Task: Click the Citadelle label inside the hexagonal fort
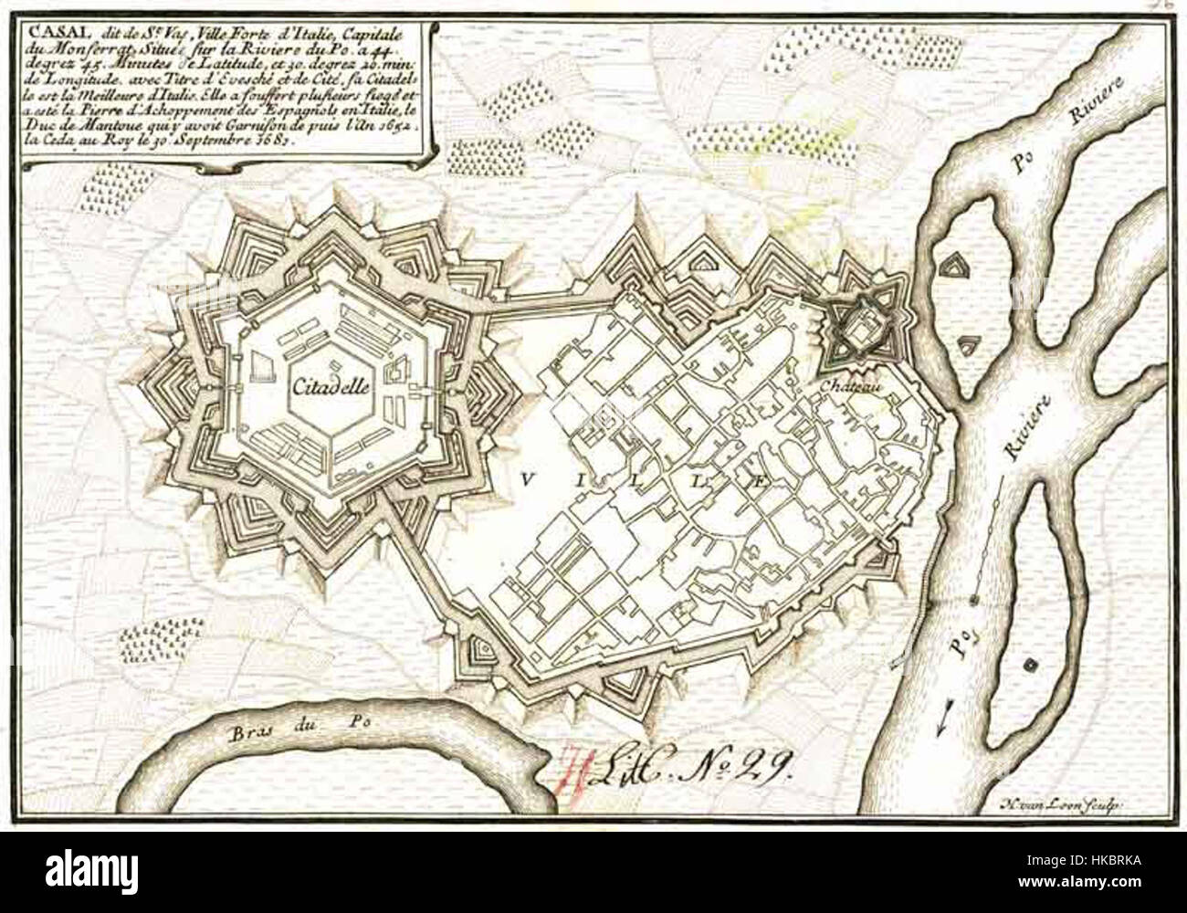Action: (331, 387)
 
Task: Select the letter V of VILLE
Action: (529, 477)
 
